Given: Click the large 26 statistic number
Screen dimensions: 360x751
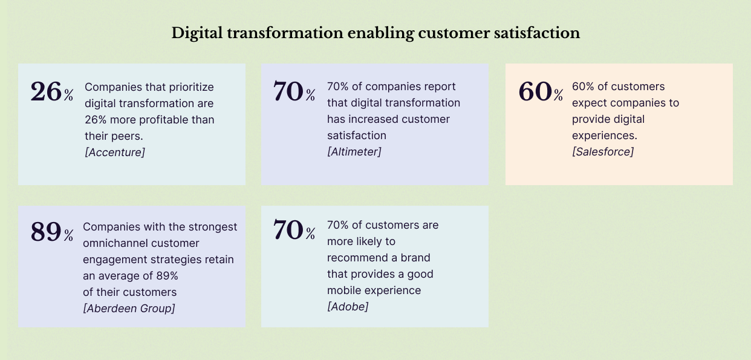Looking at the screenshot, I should [x=47, y=91].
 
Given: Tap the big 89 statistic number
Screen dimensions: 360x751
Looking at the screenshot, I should [x=47, y=232].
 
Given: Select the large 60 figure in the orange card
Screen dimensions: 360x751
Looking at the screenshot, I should [x=535, y=91].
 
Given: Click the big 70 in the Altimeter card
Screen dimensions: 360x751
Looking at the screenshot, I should [x=288, y=91].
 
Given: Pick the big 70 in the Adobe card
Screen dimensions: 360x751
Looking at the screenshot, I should [x=288, y=230].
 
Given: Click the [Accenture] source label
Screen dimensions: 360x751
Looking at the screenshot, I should [x=115, y=152].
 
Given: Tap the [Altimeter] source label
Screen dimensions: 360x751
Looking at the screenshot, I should [x=354, y=152].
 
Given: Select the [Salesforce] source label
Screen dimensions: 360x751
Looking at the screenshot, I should [x=603, y=152].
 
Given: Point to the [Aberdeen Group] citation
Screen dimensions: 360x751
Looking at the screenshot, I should [x=129, y=309].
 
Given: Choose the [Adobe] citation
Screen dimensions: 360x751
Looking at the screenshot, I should [x=348, y=307].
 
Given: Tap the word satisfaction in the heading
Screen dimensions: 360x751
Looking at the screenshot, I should [x=539, y=33].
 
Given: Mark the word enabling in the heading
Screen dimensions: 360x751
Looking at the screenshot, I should [x=375, y=33].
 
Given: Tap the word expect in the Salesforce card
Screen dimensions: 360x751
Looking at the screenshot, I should [x=588, y=103].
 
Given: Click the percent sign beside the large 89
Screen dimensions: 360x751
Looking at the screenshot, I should [x=69, y=235].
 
